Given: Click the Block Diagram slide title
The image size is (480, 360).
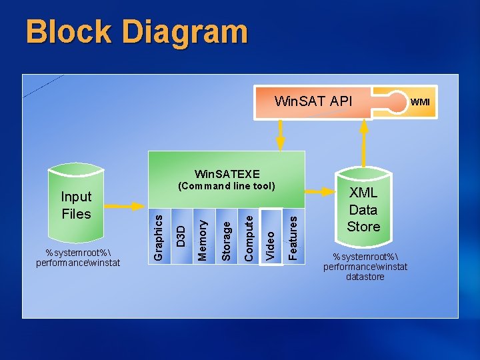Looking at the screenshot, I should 137,32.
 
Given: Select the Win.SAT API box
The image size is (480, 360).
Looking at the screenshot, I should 313,102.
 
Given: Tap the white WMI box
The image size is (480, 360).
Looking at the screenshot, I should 420,102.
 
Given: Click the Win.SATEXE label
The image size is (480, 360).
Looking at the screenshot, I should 227,174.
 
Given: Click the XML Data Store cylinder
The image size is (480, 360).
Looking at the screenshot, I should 363,209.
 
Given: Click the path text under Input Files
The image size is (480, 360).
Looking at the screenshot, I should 78,257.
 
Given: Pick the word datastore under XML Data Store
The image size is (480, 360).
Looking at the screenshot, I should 365,277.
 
